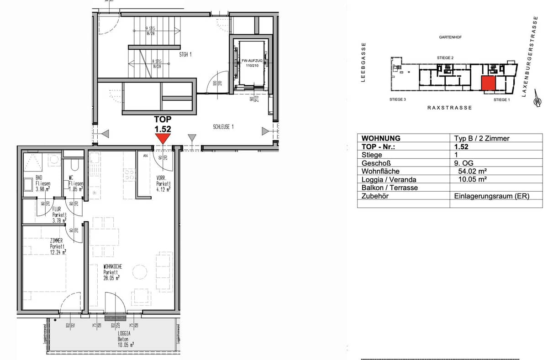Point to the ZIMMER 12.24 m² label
point(58,246)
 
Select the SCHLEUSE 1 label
point(223,127)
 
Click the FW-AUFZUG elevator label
point(248,63)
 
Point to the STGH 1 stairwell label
point(185,54)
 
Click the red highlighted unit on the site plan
point(488,84)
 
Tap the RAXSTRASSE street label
point(449,108)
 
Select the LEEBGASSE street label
point(364,62)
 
